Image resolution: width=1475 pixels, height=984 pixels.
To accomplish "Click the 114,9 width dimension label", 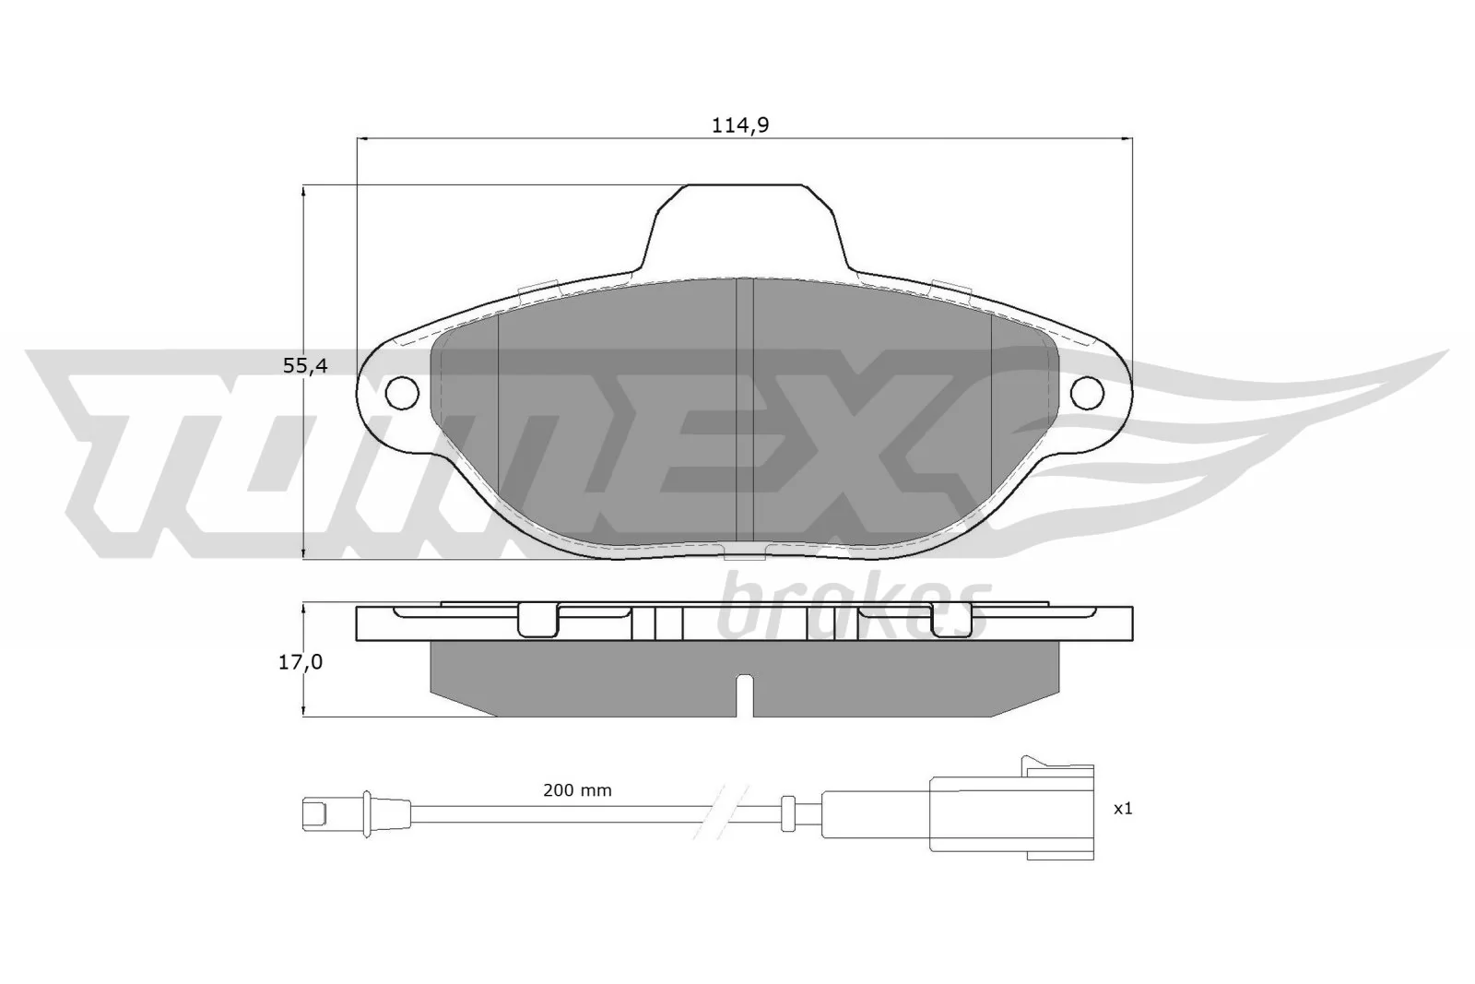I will [739, 126].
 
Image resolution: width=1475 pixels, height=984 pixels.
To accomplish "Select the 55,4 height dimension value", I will [305, 366].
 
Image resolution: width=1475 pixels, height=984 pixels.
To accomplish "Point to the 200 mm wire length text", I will [577, 790].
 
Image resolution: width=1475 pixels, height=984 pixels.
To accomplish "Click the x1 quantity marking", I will [1122, 809].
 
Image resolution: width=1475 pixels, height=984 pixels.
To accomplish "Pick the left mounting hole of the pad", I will [401, 392].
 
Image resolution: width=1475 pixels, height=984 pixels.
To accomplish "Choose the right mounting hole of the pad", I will [1088, 392].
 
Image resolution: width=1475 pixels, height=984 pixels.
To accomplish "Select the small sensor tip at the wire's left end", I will [315, 813].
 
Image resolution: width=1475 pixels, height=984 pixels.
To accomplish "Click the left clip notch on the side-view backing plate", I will [538, 620].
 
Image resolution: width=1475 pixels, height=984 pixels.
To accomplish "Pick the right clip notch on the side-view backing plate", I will [951, 620].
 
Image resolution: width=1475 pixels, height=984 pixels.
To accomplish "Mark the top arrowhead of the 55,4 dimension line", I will [303, 190].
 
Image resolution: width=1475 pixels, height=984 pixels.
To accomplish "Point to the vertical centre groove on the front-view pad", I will [745, 410].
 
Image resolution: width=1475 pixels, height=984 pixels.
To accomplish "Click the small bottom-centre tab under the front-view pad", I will [745, 553].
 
